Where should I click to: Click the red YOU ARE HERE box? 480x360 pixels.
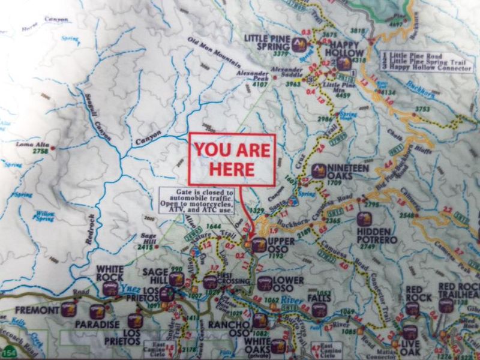(232, 158)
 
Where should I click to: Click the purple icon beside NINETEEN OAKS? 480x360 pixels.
(319, 170)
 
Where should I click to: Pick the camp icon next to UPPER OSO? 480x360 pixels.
(258, 244)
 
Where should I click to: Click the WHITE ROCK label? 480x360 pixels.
(110, 273)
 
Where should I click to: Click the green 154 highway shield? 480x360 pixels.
(9, 351)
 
